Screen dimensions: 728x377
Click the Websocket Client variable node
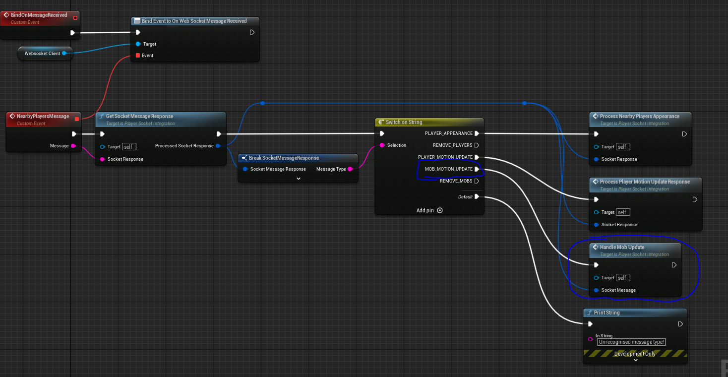click(45, 53)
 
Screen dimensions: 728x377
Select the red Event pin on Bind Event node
click(138, 55)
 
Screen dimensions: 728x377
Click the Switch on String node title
click(404, 122)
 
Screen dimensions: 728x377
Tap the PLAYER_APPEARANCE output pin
click(477, 133)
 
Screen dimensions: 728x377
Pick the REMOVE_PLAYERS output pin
click(477, 145)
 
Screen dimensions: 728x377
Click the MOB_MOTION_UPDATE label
click(448, 169)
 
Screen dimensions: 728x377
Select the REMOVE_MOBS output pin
click(477, 181)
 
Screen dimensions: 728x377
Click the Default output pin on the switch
click(477, 196)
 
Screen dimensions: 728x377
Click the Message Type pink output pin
click(350, 169)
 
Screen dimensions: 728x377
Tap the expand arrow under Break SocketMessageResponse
click(299, 179)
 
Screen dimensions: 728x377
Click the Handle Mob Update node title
click(622, 247)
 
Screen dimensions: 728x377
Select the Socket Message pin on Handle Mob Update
click(597, 290)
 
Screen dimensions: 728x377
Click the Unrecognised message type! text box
click(631, 342)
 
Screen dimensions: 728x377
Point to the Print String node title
click(607, 313)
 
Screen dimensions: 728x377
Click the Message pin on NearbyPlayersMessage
click(73, 146)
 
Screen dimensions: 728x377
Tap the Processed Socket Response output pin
click(218, 146)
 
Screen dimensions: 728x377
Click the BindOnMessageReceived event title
click(39, 15)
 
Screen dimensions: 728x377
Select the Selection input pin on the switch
click(382, 145)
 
